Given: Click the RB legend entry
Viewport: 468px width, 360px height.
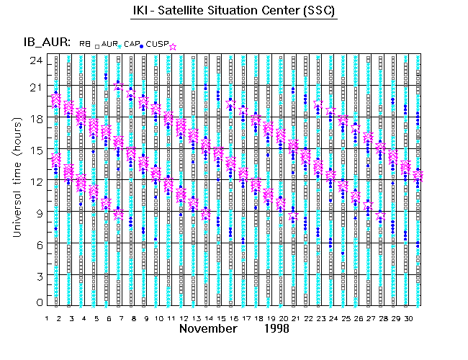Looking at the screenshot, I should coord(85,44).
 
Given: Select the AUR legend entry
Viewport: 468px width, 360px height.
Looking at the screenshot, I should coord(109,44).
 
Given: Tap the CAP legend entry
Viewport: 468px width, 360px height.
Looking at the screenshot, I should coord(132,44).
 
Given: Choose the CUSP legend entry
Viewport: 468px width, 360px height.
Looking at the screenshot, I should coord(158,44).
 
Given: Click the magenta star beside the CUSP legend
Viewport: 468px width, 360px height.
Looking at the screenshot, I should coord(173,46).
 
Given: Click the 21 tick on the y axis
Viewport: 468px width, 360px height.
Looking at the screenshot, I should coord(35,87).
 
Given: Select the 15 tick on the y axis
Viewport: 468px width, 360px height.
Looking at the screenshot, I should coord(35,150).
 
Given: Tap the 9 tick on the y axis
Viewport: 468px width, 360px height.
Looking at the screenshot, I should coord(37,212).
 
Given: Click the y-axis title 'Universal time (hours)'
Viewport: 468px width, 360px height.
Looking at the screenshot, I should coord(15,180).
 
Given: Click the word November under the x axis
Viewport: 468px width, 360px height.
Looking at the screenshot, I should coord(208,328).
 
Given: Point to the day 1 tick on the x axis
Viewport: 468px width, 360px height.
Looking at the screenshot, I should coord(47,318).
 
